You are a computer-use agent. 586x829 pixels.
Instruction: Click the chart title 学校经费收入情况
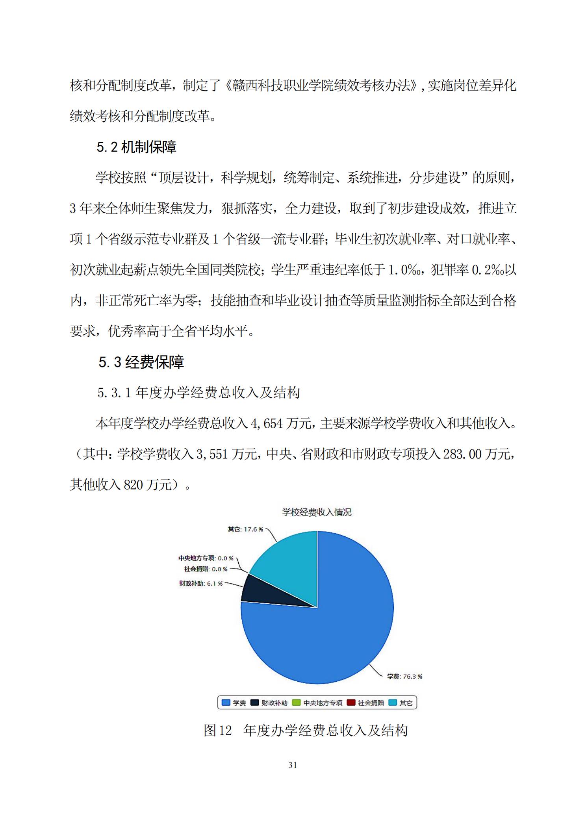coord(317,512)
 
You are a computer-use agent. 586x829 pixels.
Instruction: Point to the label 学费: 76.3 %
coord(404,676)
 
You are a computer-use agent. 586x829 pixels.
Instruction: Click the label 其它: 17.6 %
coord(245,529)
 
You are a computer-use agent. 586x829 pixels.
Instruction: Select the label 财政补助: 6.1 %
coord(201,583)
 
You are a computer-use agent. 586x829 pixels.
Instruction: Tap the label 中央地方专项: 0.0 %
coord(206,558)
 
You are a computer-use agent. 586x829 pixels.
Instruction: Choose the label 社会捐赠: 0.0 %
coord(206,569)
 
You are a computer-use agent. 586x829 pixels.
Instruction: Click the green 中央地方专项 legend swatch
coord(296,703)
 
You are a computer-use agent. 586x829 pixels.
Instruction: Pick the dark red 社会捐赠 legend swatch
coord(351,703)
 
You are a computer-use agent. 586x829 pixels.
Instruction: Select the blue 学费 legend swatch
coord(226,703)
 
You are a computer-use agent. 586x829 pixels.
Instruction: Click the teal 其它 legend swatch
coord(393,703)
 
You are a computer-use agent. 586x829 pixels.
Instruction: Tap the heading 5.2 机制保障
coord(136,147)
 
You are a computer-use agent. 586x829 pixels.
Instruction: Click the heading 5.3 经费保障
coord(141,362)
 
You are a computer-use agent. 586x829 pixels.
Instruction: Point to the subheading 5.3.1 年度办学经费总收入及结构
coord(199,393)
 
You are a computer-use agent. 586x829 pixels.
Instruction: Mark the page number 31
coord(293,765)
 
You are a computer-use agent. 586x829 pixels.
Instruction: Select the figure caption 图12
coord(217,731)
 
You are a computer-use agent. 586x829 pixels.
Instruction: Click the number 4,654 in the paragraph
coord(267,423)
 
